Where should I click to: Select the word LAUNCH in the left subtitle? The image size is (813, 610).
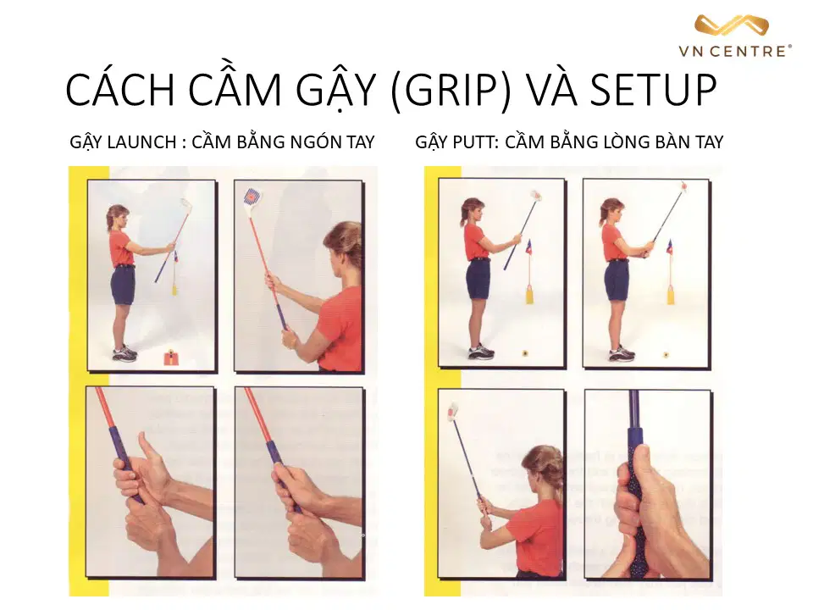coord(141,142)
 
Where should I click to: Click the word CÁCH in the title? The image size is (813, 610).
coord(121,91)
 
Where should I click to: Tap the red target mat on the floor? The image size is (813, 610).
coord(170,358)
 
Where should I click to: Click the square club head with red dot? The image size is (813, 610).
coord(252,197)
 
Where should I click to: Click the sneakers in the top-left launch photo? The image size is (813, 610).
coord(124,354)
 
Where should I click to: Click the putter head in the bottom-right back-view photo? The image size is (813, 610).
coord(452,410)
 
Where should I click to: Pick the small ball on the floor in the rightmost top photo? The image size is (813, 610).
coord(666,355)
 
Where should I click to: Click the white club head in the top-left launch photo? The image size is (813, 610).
coord(185,205)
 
